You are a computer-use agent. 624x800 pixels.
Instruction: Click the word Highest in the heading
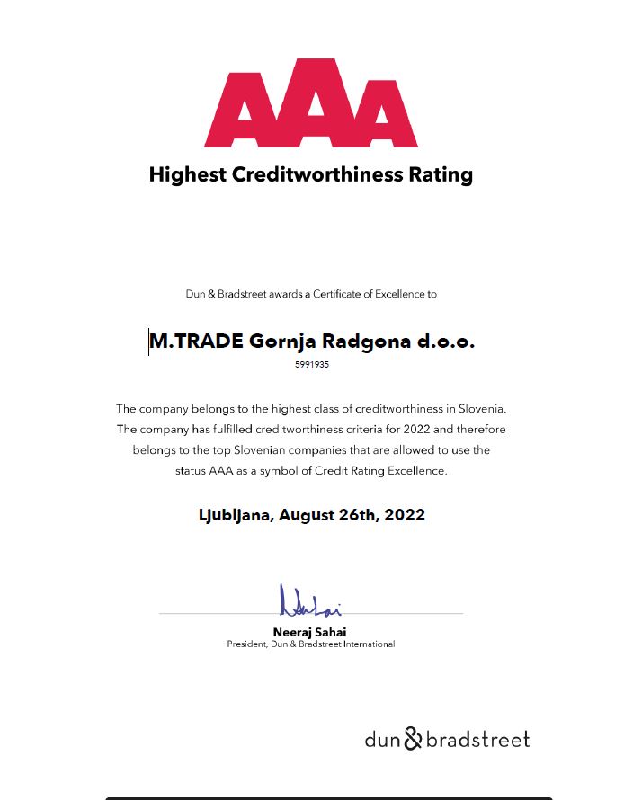point(187,174)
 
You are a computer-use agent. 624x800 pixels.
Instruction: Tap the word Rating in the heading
point(442,174)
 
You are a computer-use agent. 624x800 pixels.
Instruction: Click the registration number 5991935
point(311,365)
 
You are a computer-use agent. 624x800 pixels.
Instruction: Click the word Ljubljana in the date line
point(236,515)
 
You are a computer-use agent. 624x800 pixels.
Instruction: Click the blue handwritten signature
point(309,601)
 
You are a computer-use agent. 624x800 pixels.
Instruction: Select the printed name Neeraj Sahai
point(310,632)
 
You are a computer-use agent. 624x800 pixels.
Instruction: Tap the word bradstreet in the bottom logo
point(477,740)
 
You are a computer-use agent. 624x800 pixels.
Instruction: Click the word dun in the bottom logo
point(381,740)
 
